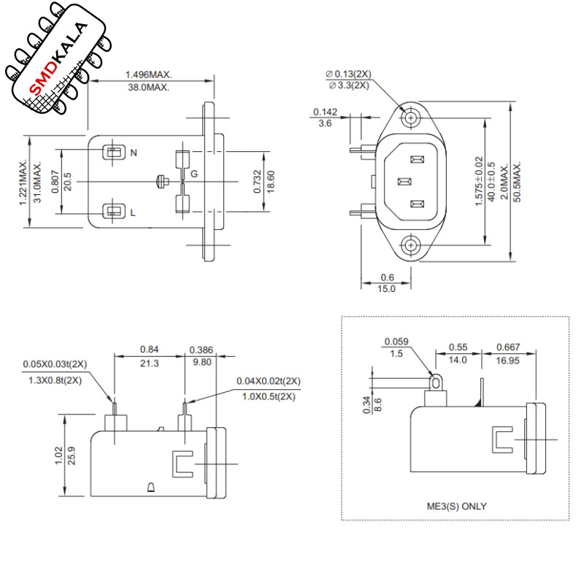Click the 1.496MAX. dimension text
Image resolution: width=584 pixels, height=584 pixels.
(149, 74)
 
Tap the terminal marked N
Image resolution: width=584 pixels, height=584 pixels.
(114, 152)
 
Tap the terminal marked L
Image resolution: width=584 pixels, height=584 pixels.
(114, 211)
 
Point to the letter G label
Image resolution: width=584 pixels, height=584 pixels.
(194, 174)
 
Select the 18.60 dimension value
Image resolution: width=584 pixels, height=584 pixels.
(271, 181)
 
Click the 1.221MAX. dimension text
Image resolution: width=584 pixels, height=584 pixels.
(23, 182)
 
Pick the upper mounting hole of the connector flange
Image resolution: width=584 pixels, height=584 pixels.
(411, 118)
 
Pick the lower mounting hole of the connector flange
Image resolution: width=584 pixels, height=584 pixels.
(411, 245)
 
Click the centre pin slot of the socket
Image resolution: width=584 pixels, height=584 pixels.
(404, 182)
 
